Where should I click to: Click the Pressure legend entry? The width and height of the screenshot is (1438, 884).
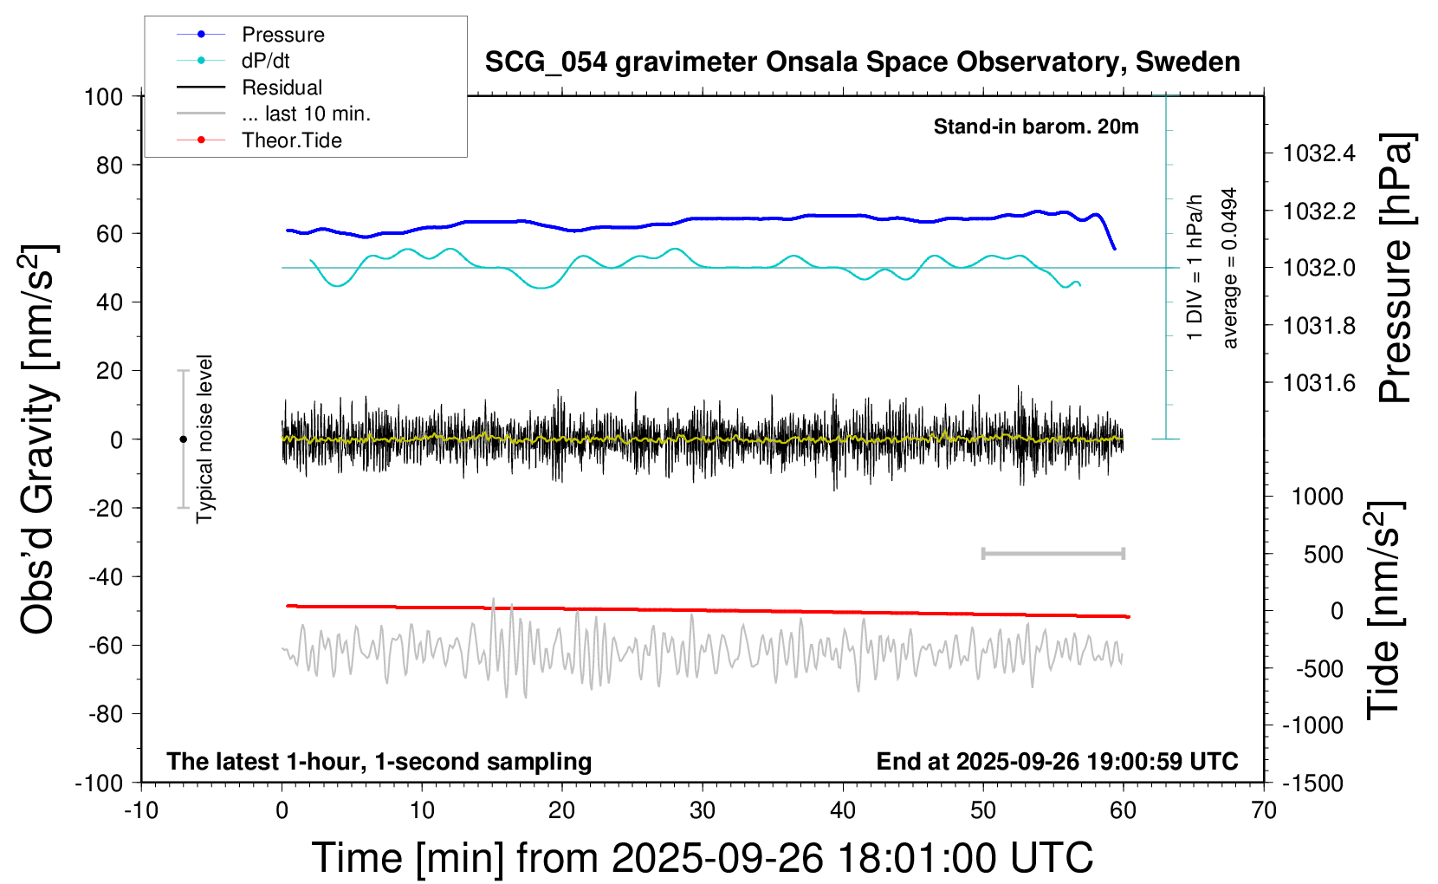tap(282, 35)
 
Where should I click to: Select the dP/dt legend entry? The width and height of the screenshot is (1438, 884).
tap(265, 61)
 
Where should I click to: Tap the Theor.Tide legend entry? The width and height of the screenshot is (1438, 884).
tap(291, 140)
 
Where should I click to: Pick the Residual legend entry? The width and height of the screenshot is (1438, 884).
tap(282, 88)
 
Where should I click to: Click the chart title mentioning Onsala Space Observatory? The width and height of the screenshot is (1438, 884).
tap(862, 62)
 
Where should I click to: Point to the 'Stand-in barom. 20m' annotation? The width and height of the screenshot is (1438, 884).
tap(1035, 127)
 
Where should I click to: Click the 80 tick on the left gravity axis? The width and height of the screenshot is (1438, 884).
tap(109, 165)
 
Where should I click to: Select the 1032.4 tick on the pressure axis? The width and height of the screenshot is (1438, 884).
tap(1318, 153)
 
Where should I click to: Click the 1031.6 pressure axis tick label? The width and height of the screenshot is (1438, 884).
tap(1318, 383)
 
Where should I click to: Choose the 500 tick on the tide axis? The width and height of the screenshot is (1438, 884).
tap(1324, 555)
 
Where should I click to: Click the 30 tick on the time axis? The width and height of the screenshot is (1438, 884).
tap(703, 811)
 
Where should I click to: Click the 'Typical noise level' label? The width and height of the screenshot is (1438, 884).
tap(204, 439)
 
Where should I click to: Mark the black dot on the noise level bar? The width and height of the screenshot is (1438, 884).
tap(183, 439)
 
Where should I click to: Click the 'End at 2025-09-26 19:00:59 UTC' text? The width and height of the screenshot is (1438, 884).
tap(1057, 762)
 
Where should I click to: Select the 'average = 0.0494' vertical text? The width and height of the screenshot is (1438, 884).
tap(1230, 269)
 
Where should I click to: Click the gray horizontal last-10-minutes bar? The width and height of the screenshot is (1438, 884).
tap(1053, 553)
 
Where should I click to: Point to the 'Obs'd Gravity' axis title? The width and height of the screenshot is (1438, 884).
tap(39, 439)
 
